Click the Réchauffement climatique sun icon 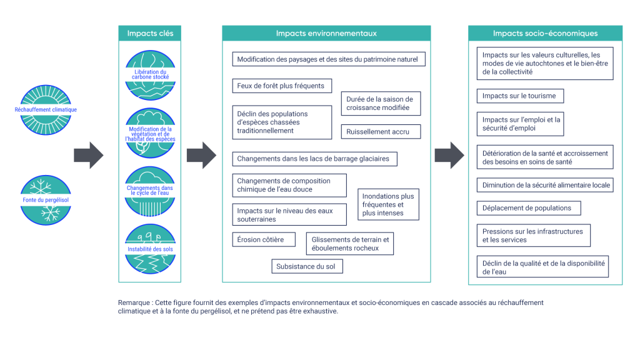pyautogui.click(x=46, y=109)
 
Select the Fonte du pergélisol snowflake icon pyautogui.click(x=46, y=200)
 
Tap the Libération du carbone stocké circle pyautogui.click(x=150, y=75)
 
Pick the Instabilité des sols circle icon pyautogui.click(x=150, y=249)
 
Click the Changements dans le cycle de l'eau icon pyautogui.click(x=150, y=191)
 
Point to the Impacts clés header pyautogui.click(x=150, y=33)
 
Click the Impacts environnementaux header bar pyautogui.click(x=326, y=33)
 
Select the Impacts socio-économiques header pyautogui.click(x=545, y=33)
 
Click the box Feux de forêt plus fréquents pyautogui.click(x=282, y=86)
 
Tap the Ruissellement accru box pyautogui.click(x=381, y=132)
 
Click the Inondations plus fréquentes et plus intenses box pyautogui.click(x=388, y=204)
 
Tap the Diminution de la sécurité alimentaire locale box pyautogui.click(x=545, y=185)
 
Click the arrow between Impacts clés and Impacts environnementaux pyautogui.click(x=201, y=155)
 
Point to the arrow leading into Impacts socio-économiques pyautogui.click(x=449, y=155)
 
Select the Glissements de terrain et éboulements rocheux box pyautogui.click(x=350, y=244)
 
